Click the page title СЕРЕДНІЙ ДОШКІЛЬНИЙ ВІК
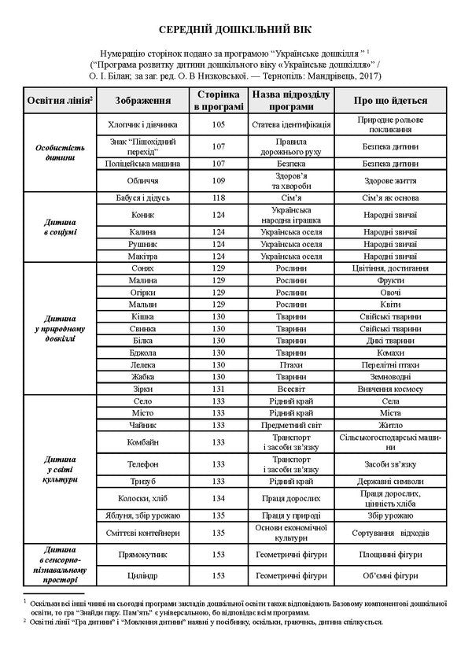tap(236, 29)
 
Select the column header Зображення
tap(143, 102)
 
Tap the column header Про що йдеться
tap(390, 102)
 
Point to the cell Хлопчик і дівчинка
tap(143, 125)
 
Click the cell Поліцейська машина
tap(143, 164)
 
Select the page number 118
tap(219, 198)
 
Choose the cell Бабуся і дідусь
tap(143, 198)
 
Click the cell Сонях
tap(143, 268)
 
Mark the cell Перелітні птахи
tap(390, 365)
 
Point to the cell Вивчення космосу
tap(390, 389)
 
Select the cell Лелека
tap(143, 365)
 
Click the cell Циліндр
tap(143, 575)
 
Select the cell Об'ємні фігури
tap(390, 575)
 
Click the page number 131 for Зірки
tap(219, 389)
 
